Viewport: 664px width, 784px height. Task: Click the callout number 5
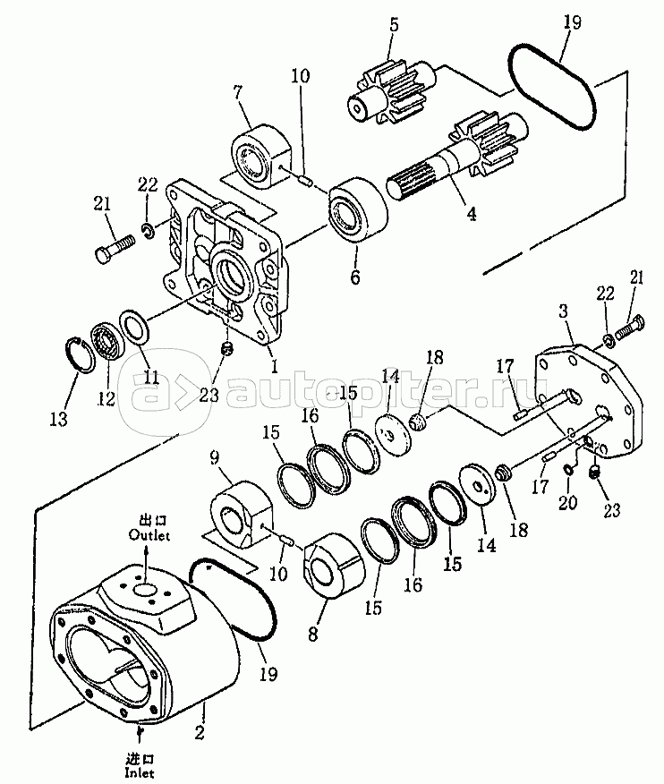392,26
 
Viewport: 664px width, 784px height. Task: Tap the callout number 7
237,92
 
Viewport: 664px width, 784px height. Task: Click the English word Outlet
148,535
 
